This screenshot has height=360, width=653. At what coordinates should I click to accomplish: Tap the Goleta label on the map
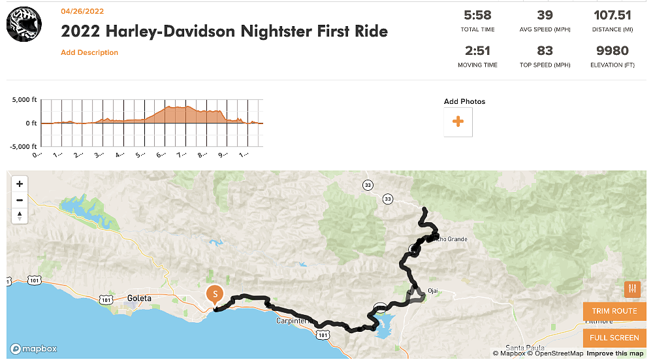tap(139, 298)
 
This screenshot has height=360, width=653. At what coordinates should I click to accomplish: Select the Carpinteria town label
tap(294, 321)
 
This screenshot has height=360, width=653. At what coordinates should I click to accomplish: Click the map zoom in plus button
tap(20, 184)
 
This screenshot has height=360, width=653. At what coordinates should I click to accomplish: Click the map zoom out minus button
tap(20, 200)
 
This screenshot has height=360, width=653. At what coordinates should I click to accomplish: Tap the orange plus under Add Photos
tap(458, 122)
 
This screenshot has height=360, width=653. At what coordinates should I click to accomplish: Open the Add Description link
tap(89, 52)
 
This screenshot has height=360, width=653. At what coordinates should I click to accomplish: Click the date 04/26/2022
tap(82, 11)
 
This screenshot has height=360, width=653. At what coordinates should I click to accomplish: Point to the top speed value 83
tap(545, 50)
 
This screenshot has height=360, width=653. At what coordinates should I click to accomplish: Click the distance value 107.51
tap(611, 15)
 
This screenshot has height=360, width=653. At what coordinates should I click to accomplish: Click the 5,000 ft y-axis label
tap(25, 100)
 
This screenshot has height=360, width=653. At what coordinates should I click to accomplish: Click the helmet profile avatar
tap(24, 25)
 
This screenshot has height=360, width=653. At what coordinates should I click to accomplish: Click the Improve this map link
tap(614, 353)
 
